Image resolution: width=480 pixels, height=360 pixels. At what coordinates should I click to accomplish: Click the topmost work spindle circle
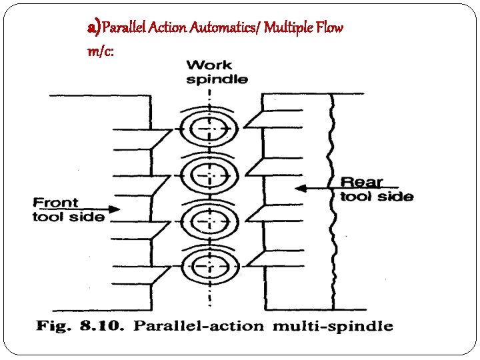[x=209, y=129]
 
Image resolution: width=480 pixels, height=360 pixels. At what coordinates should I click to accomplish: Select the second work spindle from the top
[x=209, y=175]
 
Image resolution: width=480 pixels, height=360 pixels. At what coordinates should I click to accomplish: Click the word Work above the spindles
[x=209, y=65]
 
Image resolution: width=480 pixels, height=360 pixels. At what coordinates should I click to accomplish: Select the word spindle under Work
[x=217, y=79]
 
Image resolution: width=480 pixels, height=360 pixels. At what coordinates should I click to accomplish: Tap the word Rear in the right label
[x=362, y=182]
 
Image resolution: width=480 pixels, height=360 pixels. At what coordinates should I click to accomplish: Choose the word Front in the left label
[x=55, y=202]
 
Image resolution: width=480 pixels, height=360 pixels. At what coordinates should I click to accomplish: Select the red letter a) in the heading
[x=94, y=27]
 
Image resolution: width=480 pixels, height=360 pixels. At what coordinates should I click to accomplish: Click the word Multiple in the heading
[x=287, y=28]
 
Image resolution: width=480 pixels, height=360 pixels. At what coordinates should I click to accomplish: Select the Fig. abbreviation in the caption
[x=51, y=326]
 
